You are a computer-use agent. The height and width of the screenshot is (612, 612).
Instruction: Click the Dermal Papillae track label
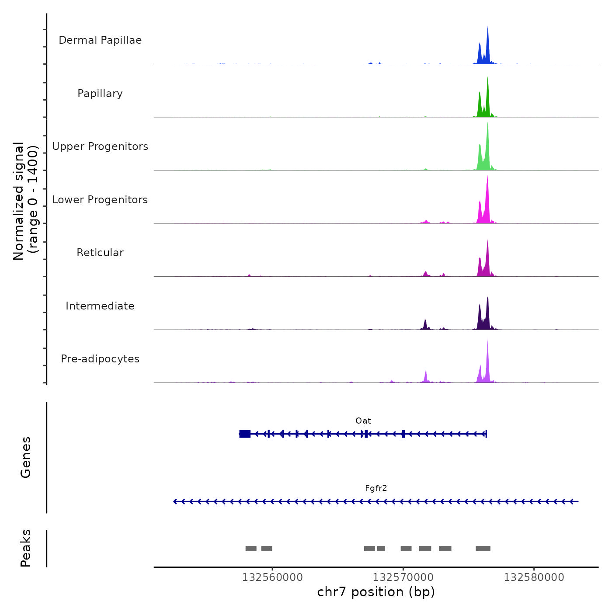pos(100,40)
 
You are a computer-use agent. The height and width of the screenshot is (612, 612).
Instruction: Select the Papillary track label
pos(100,94)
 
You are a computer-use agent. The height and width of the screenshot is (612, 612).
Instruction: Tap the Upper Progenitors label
pos(100,146)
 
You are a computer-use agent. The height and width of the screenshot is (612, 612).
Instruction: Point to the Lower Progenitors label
pos(100,200)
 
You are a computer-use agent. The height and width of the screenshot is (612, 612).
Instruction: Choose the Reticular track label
pos(100,253)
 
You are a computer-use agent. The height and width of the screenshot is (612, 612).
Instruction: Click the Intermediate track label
pos(100,306)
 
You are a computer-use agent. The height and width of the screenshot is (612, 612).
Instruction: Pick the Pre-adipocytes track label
pos(100,359)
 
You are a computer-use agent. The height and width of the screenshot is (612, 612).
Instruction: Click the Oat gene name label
pos(363,421)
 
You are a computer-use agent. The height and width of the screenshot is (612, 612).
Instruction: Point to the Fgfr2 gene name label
pos(376,488)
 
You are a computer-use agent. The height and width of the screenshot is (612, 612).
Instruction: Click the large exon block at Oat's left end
pos(245,434)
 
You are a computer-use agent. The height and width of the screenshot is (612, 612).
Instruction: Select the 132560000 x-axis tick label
pos(272,577)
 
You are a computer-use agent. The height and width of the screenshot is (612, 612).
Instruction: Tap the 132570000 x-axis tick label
pos(403,577)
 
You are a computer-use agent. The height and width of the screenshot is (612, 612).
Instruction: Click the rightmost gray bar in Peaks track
pos(483,549)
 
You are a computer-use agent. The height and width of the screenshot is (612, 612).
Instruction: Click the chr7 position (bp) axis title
pos(376,592)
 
